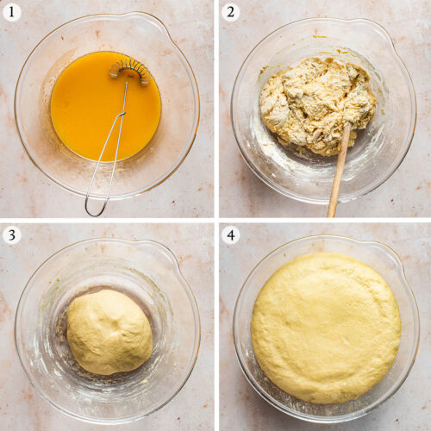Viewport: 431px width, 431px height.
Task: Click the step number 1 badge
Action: [11, 13]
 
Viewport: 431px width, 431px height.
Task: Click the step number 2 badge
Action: [230, 13]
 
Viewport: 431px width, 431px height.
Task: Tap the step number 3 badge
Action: [11, 235]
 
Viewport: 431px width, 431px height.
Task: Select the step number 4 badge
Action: [230, 235]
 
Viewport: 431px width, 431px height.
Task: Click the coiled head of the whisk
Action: [130, 72]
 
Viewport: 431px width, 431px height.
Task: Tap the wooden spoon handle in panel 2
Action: [339, 170]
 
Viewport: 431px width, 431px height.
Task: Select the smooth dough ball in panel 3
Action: [109, 332]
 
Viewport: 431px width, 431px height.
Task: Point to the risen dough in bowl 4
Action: [326, 328]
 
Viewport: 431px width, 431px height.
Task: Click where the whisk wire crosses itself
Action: [122, 114]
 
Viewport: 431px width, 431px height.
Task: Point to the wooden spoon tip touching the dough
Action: [347, 124]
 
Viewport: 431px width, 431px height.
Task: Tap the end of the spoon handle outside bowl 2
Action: [331, 213]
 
